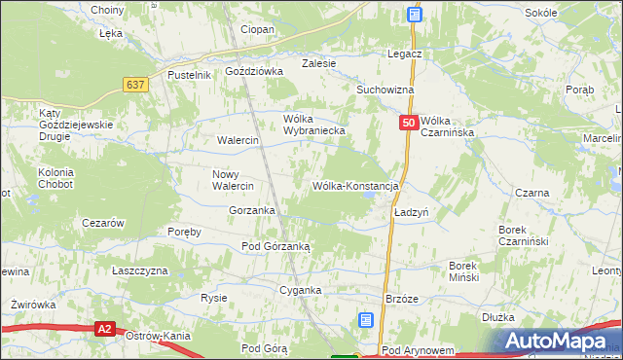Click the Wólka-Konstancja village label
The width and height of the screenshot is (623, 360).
point(355,186)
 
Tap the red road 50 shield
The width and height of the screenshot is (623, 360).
point(409,124)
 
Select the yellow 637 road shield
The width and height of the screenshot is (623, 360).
point(136,85)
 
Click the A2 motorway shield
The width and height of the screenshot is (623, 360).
point(105,331)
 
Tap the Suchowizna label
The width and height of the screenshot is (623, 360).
point(385,90)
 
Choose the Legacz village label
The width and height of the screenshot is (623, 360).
point(403,54)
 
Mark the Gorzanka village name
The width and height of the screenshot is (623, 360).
point(251,210)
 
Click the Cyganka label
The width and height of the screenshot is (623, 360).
point(300,290)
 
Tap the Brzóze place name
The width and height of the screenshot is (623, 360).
point(402,299)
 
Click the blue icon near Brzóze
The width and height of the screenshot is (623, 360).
point(365,319)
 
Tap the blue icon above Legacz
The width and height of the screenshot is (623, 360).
point(415,15)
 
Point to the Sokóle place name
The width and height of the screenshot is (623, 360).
point(540,13)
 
